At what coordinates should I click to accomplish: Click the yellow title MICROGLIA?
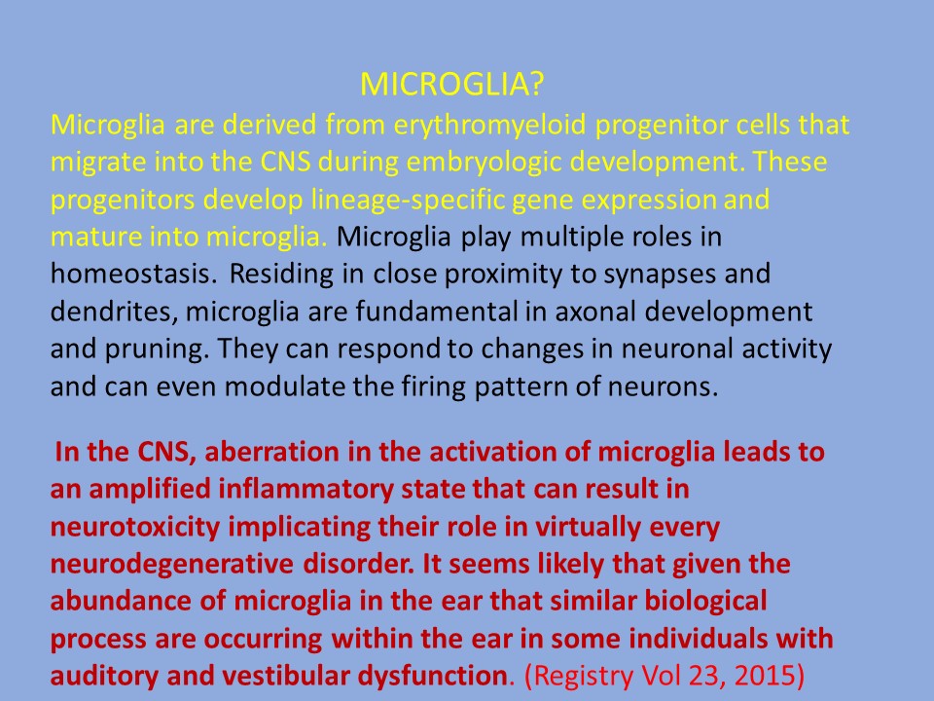click(x=452, y=84)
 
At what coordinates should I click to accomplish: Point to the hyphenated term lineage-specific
click(x=407, y=200)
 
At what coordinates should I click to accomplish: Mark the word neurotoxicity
click(x=135, y=528)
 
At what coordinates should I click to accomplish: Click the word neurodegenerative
click(x=172, y=565)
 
